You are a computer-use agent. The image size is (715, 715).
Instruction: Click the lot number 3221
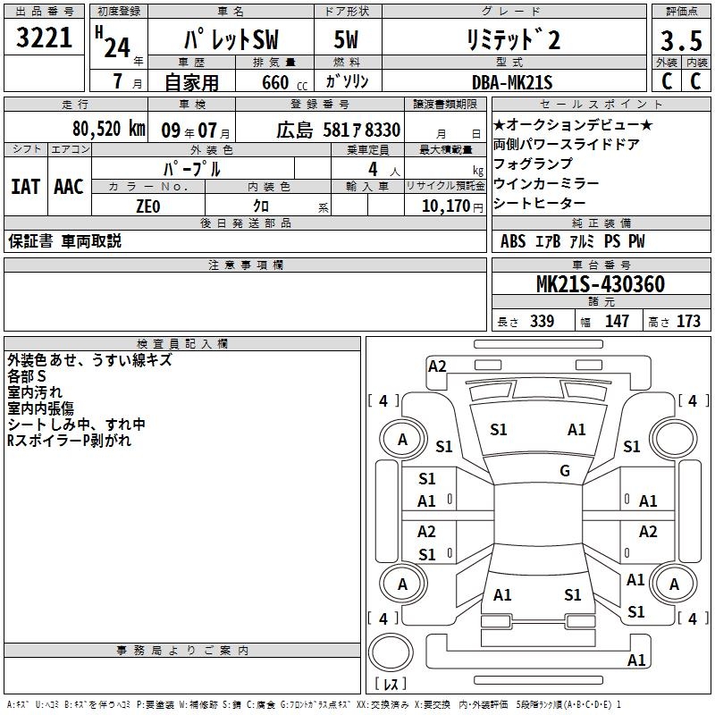coord(44,38)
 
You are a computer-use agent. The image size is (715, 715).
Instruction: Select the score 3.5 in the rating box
coord(681,40)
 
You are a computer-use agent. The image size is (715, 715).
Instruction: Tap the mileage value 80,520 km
coord(109,129)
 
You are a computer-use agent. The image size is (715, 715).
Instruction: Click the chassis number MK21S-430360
coord(601,284)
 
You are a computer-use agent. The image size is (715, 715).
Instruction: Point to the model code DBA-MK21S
coord(512,82)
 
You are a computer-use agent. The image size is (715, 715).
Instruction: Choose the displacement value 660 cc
coord(284,82)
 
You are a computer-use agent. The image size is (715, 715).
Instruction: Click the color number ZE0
coord(148,206)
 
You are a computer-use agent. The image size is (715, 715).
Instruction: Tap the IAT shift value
coord(26,187)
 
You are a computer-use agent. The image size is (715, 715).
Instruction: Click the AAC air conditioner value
coord(69,187)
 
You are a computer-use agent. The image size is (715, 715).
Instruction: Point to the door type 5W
coord(346,39)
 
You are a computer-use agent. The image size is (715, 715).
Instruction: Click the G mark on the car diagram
coord(565,471)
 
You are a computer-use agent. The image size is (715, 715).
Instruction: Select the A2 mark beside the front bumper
coord(437,366)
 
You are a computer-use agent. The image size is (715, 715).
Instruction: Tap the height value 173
coord(688,321)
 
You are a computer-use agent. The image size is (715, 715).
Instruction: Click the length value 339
coord(543,321)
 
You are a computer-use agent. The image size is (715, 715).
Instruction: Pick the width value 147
coord(617,321)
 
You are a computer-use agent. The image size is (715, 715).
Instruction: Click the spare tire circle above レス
coord(391,652)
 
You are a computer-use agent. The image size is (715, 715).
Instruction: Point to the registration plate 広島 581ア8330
coord(339,130)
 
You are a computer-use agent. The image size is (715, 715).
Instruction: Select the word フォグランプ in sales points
coord(533,164)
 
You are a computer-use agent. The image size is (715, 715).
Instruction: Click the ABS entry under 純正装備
coord(513,241)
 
